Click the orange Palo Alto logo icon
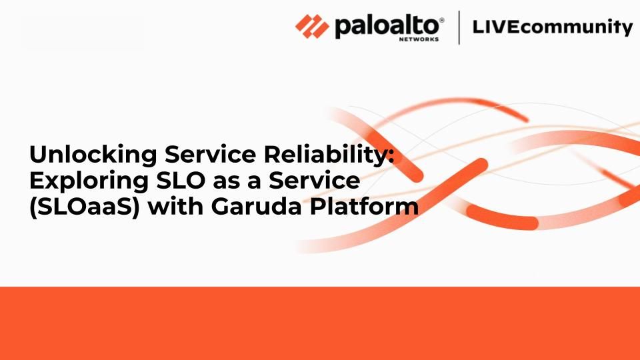(313, 27)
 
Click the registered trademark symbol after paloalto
(441, 20)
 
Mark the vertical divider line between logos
(459, 28)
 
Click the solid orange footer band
(320, 323)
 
